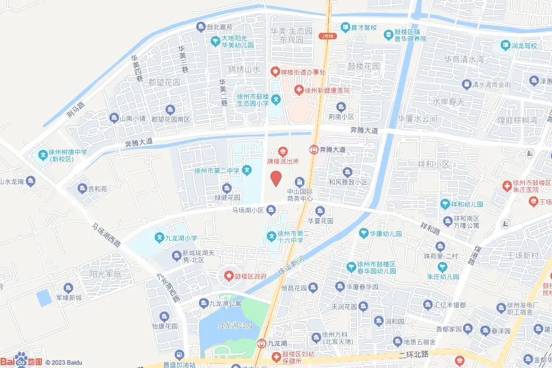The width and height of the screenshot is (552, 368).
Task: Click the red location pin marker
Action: (x=275, y=178)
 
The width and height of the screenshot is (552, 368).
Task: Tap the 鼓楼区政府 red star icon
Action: (x=229, y=276)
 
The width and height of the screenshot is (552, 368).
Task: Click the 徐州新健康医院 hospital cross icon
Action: (x=298, y=90)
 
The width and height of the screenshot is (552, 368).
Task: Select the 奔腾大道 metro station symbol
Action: (x=313, y=149)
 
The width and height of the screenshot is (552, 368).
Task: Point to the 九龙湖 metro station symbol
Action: (x=261, y=343)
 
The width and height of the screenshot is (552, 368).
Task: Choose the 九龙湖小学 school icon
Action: (x=160, y=237)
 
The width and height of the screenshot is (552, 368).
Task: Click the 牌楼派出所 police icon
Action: (x=282, y=151)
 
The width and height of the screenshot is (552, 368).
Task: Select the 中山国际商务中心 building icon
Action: (x=300, y=182)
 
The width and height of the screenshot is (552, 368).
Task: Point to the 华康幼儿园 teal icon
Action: (x=364, y=233)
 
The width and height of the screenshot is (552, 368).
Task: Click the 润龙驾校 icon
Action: (x=505, y=45)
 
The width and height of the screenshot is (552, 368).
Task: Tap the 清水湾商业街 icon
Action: (x=466, y=85)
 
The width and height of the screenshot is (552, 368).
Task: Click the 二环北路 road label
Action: (x=413, y=354)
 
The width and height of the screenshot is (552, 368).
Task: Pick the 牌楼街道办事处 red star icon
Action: (x=275, y=71)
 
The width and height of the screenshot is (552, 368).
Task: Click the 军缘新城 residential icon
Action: (x=68, y=288)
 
